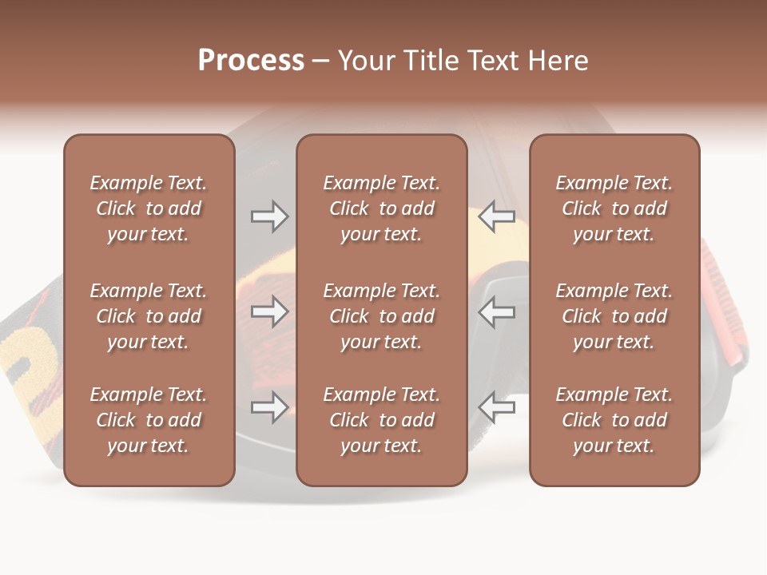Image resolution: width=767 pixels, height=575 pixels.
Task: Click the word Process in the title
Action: (251, 61)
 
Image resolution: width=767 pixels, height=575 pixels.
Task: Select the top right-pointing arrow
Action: (269, 216)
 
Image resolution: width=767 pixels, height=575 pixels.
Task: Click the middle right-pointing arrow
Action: (269, 311)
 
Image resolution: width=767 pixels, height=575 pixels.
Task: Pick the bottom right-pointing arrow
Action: (269, 407)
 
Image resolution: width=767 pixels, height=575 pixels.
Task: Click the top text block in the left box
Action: (149, 208)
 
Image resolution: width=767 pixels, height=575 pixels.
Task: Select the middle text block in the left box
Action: (149, 316)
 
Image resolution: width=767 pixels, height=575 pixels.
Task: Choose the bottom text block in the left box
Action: (149, 420)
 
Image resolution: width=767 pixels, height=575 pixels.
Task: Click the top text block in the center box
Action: (381, 208)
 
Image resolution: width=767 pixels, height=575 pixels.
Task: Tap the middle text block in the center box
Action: (381, 316)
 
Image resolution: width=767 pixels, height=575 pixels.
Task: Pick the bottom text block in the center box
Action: (381, 420)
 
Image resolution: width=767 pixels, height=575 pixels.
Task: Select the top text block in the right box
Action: (614, 208)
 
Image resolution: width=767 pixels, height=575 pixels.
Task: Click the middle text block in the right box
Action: (614, 316)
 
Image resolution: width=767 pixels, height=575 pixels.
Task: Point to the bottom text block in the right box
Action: (614, 420)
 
